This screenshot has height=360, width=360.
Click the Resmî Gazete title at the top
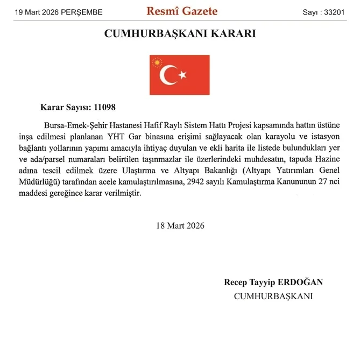182,11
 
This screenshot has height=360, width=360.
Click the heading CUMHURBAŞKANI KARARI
180,34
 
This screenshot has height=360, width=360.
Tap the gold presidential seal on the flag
158,63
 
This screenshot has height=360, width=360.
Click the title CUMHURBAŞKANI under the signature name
273,296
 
